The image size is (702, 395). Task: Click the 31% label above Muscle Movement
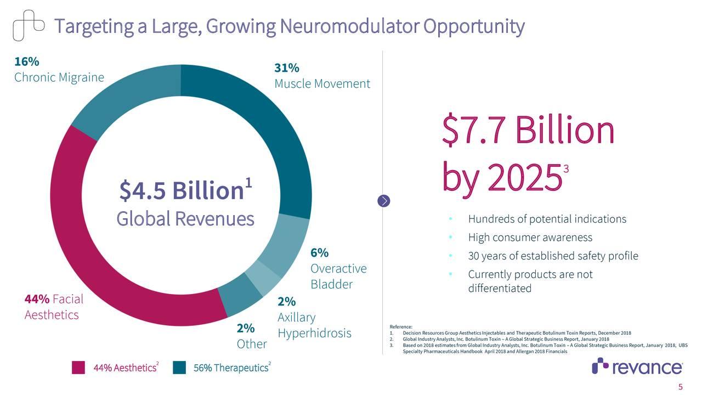tap(287, 68)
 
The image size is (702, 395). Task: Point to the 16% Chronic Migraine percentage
tap(26, 61)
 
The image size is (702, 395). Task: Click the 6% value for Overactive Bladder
tap(319, 253)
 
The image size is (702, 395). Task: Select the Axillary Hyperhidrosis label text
tap(314, 325)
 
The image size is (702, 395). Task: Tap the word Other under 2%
tap(252, 344)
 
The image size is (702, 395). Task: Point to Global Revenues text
tap(185, 219)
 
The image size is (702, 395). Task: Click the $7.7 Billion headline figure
tap(529, 131)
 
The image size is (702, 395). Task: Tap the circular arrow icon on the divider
tap(385, 201)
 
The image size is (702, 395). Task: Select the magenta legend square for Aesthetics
tap(78, 368)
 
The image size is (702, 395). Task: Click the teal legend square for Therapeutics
tap(179, 368)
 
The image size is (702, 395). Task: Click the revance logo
tap(637, 366)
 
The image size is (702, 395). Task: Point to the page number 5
tap(681, 387)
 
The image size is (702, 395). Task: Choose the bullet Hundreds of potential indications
tap(547, 219)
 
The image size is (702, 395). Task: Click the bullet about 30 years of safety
tap(553, 256)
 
